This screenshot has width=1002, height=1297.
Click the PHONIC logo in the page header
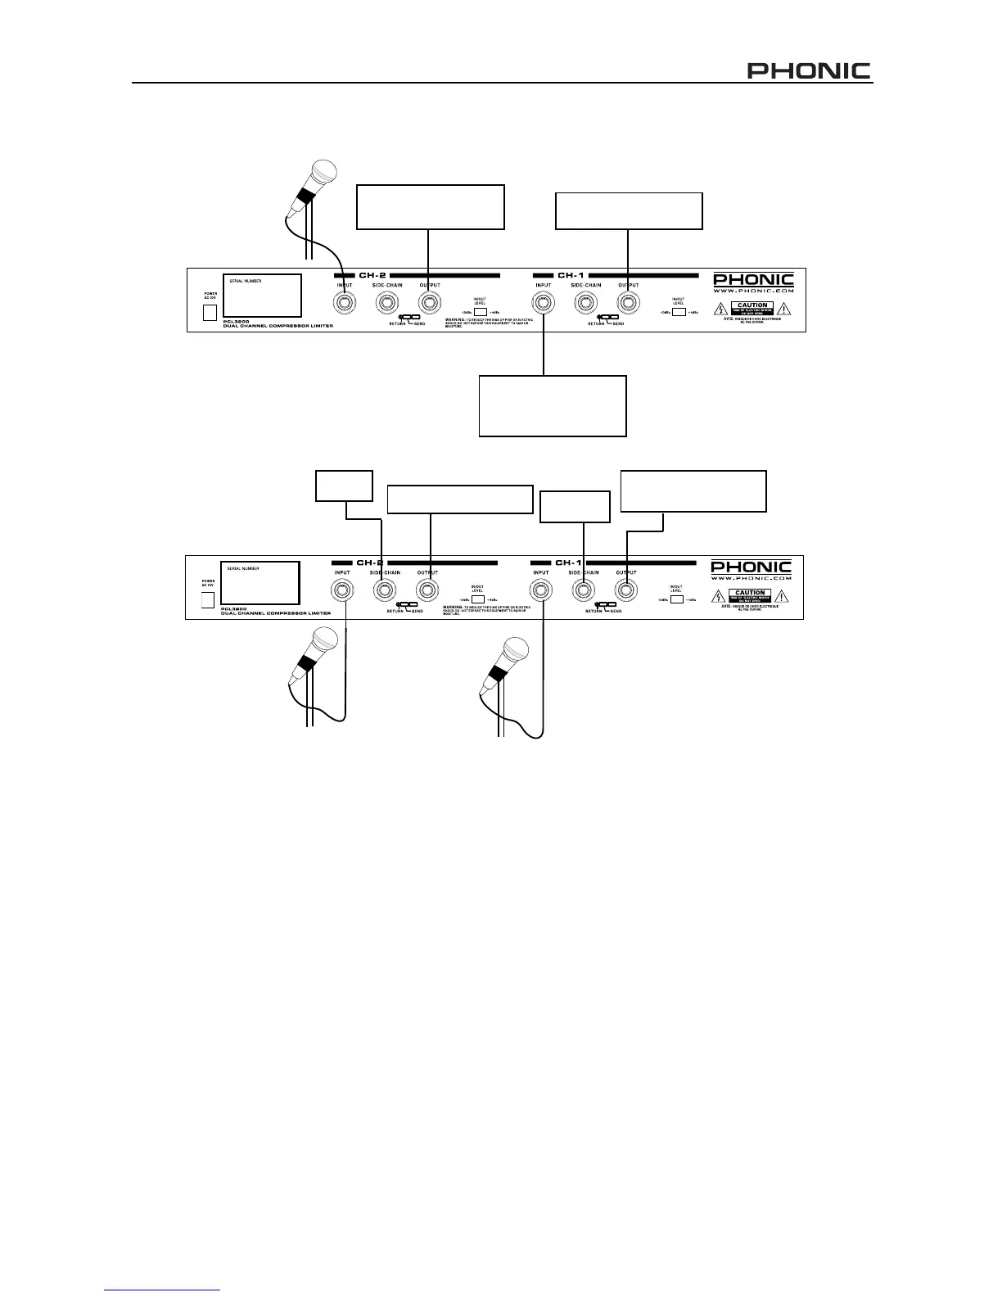pyautogui.click(x=809, y=71)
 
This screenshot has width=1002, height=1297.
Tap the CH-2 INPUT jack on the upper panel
pyautogui.click(x=345, y=304)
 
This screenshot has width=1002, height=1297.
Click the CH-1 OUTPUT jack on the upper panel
pyautogui.click(x=627, y=304)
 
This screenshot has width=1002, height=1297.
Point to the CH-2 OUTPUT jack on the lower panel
pyautogui.click(x=426, y=590)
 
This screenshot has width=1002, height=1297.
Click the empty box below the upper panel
pyautogui.click(x=553, y=406)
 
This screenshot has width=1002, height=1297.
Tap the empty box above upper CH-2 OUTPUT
pyautogui.click(x=431, y=207)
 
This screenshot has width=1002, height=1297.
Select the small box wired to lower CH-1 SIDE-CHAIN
pyautogui.click(x=576, y=506)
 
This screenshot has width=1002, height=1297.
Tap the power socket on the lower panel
pyautogui.click(x=208, y=599)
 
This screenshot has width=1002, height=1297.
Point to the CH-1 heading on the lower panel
pyautogui.click(x=568, y=563)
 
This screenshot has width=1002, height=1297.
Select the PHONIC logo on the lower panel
pyautogui.click(x=751, y=567)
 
